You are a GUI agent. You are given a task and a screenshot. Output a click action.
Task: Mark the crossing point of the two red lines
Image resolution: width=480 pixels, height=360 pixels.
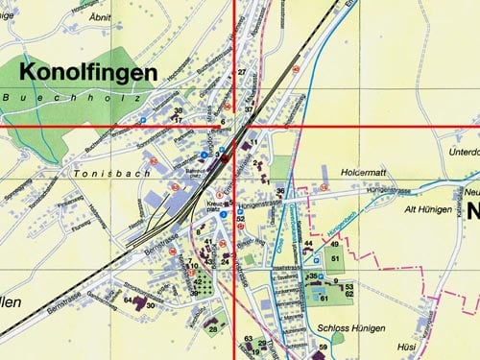tap(235, 126)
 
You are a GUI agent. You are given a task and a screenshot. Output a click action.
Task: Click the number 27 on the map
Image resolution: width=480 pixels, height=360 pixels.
tap(242, 73)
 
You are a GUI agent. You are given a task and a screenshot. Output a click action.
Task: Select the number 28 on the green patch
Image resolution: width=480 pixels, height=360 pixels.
tap(212, 329)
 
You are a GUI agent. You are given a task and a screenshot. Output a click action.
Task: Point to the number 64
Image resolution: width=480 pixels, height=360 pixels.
tap(127, 300)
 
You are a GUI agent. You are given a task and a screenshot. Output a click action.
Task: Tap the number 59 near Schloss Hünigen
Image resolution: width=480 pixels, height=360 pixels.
tap(324, 347)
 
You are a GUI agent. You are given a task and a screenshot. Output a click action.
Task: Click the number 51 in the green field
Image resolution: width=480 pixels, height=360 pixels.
tap(335, 259)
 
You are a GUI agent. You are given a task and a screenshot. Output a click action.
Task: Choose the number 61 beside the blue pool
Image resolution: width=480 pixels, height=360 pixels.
tap(324, 299)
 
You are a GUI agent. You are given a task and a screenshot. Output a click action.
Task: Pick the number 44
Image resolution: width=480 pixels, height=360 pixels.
tap(308, 244)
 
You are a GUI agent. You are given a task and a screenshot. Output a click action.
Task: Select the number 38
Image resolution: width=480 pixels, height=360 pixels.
tap(178, 111)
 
